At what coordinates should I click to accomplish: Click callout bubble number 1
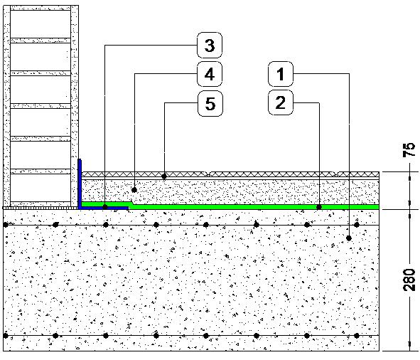pyautogui.click(x=281, y=74)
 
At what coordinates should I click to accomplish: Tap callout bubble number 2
pyautogui.click(x=281, y=102)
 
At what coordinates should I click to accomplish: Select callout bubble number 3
pyautogui.click(x=210, y=46)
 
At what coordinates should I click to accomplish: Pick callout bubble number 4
pyautogui.click(x=210, y=74)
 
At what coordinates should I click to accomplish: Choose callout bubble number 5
pyautogui.click(x=210, y=104)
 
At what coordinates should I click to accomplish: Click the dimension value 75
pyautogui.click(x=409, y=150)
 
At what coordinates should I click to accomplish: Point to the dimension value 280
pyautogui.click(x=409, y=280)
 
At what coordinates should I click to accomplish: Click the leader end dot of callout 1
pyautogui.click(x=349, y=238)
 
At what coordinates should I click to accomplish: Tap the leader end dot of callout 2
pyautogui.click(x=319, y=207)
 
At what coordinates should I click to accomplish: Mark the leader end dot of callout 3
pyautogui.click(x=105, y=206)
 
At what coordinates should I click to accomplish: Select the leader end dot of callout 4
pyautogui.click(x=134, y=190)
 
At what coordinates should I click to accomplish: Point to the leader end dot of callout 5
pyautogui.click(x=164, y=176)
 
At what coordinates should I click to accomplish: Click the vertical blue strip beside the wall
pyautogui.click(x=80, y=183)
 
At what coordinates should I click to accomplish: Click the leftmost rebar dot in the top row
pyautogui.click(x=6, y=225)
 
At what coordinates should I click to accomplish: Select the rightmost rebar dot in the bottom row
pyautogui.click(x=357, y=336)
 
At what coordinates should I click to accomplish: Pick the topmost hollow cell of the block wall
pyautogui.click(x=41, y=24)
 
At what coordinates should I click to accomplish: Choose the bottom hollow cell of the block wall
pyautogui.click(x=41, y=188)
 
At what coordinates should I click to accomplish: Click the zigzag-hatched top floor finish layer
pyautogui.click(x=230, y=174)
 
